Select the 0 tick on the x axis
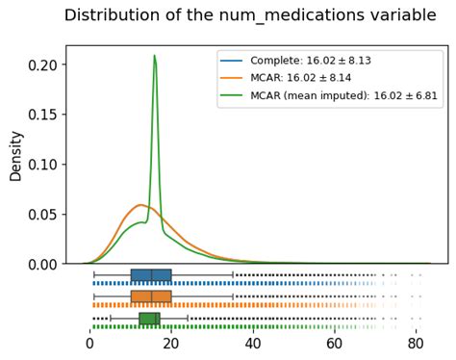[x=89, y=342]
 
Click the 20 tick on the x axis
[x=171, y=342]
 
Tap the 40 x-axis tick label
[x=253, y=342]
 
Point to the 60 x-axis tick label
[x=334, y=342]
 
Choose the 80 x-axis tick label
[x=416, y=342]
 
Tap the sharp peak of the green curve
[x=154, y=56]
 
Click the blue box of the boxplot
[x=151, y=275]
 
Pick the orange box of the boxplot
[x=151, y=296]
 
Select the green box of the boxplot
[x=149, y=319]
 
